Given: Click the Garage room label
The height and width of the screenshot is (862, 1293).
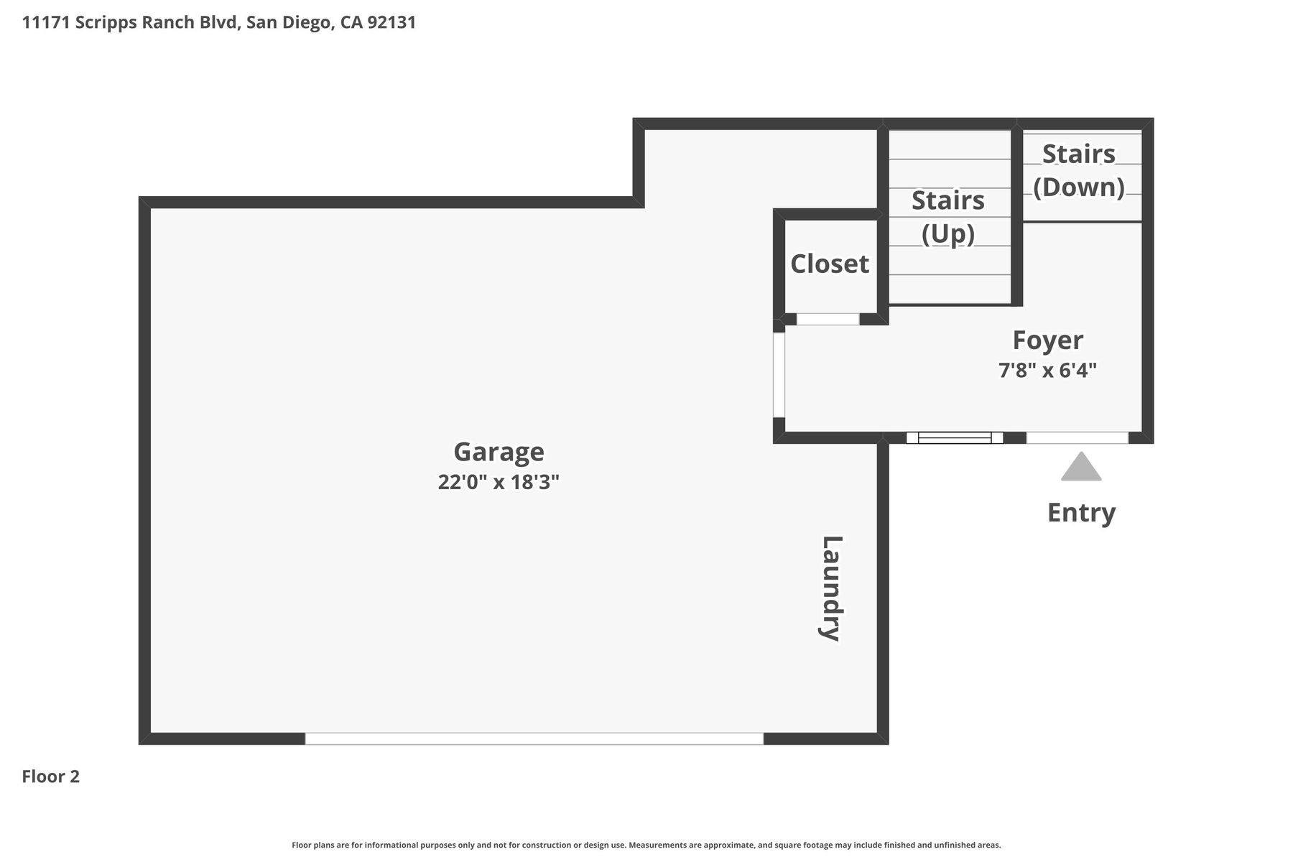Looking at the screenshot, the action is coord(499,453).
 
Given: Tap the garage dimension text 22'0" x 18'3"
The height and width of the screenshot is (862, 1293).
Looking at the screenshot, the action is coord(499,482).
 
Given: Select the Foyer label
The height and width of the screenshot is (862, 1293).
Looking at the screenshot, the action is coord(1048,340).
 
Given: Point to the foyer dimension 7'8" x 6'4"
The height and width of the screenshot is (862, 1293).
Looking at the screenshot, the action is coord(1048,371).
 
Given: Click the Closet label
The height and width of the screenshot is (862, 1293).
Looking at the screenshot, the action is coord(830,264).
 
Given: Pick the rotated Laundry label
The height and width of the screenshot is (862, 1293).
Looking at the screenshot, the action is coord(831,588).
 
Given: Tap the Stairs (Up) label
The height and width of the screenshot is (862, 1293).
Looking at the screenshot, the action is coord(948,217).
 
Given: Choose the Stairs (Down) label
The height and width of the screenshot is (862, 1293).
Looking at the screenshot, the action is coord(1079,170).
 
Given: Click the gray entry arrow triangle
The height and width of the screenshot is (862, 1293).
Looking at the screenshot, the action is coord(1081,467).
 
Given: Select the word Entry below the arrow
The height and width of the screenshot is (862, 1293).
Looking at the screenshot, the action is coord(1081,513).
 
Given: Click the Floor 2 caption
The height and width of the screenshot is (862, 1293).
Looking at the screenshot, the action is coord(51,777).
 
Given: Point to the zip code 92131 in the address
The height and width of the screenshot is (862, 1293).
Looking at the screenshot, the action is coord(391,22).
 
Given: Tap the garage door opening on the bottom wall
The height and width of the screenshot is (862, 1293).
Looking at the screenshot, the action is coord(534,738).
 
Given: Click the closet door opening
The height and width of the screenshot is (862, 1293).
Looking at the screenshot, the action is coord(828,319).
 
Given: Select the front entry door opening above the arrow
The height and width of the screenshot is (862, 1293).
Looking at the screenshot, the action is coord(1077,437).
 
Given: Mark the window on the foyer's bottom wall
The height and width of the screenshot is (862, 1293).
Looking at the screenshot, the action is coord(955,437).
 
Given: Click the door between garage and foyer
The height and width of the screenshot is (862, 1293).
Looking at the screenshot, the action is coord(779,374).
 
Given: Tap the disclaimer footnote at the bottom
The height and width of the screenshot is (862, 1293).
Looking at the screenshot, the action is coord(646,845).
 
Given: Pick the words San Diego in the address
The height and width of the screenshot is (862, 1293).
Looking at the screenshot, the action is coord(289,22).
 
